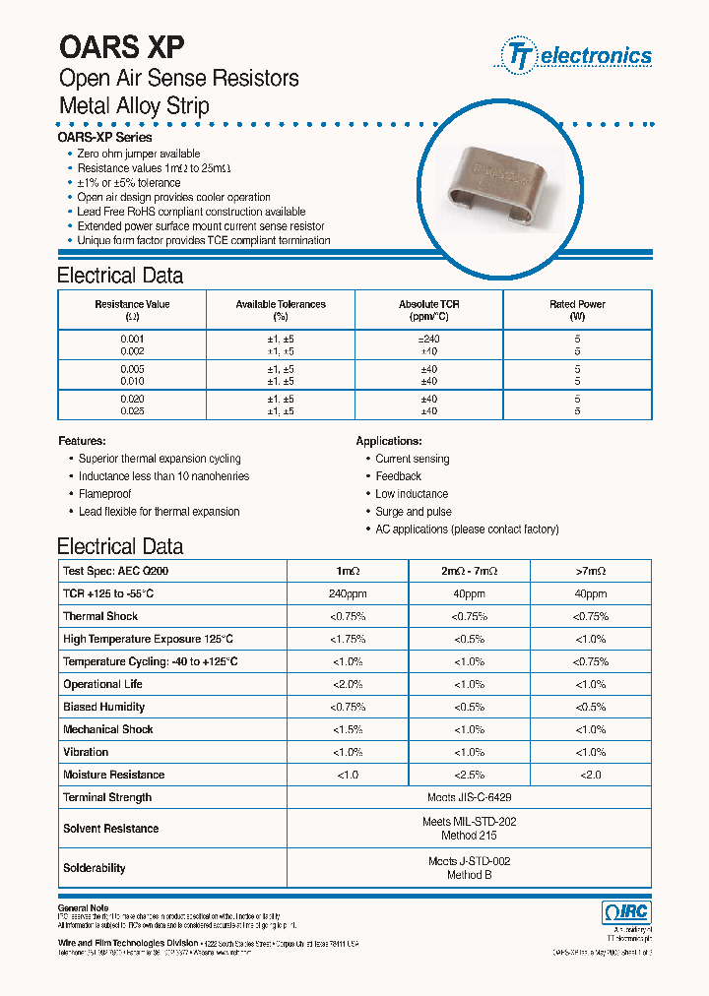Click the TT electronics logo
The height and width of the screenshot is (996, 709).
click(x=578, y=55)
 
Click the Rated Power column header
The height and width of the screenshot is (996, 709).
click(x=577, y=310)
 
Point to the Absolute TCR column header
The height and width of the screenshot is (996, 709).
click(x=428, y=310)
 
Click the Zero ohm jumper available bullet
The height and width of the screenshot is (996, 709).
click(x=138, y=154)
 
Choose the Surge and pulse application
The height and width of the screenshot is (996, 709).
click(x=413, y=512)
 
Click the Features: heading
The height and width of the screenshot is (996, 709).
click(x=82, y=441)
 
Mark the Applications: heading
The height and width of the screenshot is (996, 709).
click(x=389, y=441)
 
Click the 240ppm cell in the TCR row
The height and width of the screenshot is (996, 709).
click(x=349, y=593)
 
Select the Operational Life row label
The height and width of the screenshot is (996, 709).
click(x=102, y=684)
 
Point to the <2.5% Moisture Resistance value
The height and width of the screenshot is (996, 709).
click(x=469, y=775)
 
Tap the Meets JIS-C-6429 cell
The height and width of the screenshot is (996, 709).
click(x=469, y=797)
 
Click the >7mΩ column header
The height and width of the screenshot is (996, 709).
click(x=590, y=571)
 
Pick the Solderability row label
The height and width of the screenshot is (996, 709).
click(x=95, y=868)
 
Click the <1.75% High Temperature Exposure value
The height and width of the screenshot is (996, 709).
click(x=349, y=639)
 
